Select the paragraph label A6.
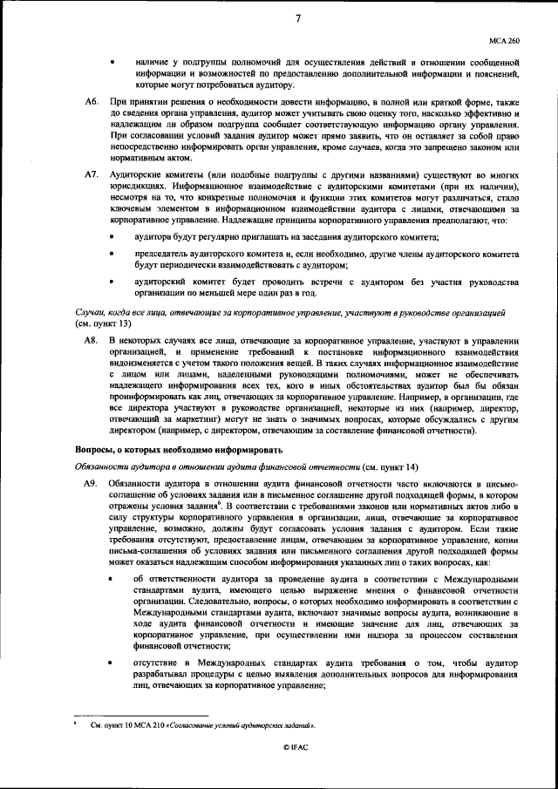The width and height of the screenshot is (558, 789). pos(91,103)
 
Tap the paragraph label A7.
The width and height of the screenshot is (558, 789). pos(91,175)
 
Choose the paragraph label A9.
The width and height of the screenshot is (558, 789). pos(91,483)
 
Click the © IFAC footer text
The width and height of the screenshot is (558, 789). pos(296,748)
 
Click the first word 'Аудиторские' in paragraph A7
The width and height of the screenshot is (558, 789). pos(133,175)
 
